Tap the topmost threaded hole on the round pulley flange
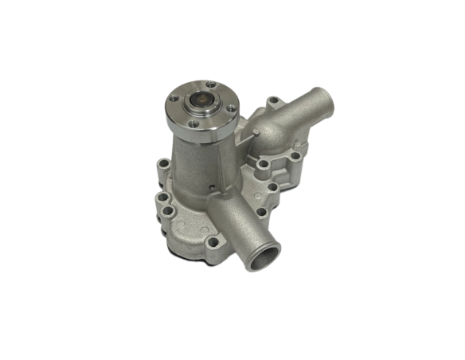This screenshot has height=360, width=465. pos(209,85)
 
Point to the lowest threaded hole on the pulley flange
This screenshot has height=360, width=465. pos(195,123)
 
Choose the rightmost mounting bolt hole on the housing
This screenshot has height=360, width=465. pos(295,157)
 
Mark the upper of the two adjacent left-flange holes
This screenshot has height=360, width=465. pos(162,196)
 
